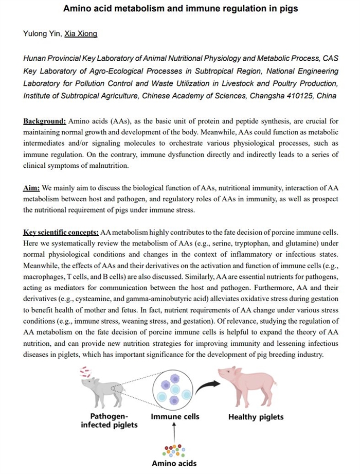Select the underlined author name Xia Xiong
81,34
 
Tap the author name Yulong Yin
42,34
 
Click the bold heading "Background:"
45,121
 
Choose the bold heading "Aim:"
31,189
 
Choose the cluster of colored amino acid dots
174,450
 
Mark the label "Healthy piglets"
256,417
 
